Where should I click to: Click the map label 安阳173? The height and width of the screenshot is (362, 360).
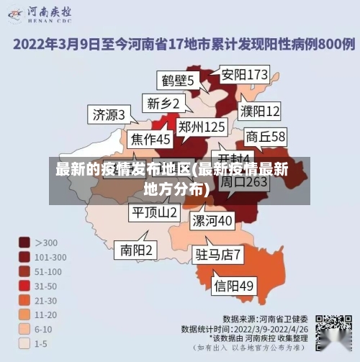pyautogui.click(x=244, y=74)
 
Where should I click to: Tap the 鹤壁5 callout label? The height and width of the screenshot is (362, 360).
pyautogui.click(x=177, y=80)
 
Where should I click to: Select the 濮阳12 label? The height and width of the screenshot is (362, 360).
pyautogui.click(x=260, y=111)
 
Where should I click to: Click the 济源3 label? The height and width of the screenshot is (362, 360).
pyautogui.click(x=109, y=114)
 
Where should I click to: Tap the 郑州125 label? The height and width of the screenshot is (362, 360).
pyautogui.click(x=202, y=127)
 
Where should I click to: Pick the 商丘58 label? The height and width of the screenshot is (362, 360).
pyautogui.click(x=266, y=136)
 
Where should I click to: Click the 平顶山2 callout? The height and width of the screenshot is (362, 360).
pyautogui.click(x=153, y=212)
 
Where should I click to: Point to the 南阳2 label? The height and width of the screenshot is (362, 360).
pyautogui.click(x=136, y=250)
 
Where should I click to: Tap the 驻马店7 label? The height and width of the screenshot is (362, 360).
pyautogui.click(x=218, y=254)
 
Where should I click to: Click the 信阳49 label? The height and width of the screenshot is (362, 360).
pyautogui.click(x=234, y=286)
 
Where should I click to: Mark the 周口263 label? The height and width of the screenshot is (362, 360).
pyautogui.click(x=243, y=182)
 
